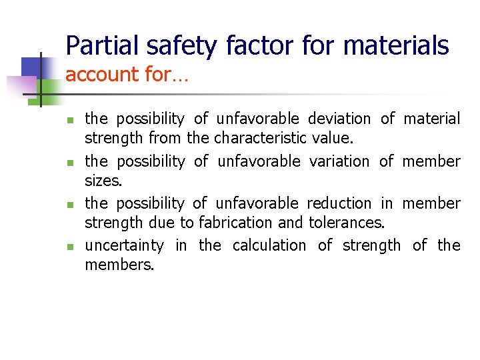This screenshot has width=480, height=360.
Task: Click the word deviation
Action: click(x=339, y=119)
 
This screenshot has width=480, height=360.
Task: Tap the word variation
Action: click(x=339, y=161)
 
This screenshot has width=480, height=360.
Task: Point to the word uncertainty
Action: click(x=124, y=245)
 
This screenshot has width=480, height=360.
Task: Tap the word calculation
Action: click(x=269, y=245)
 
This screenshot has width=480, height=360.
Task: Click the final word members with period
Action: click(x=119, y=265)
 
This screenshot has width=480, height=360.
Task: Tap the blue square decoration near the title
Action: click(x=32, y=67)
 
